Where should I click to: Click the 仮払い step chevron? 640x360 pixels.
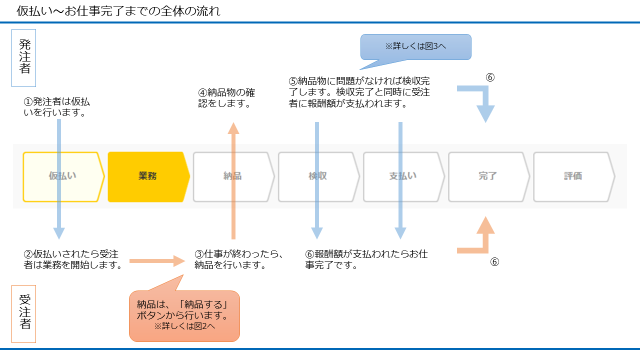click(x=63, y=176)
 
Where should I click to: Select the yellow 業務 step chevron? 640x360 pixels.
click(x=148, y=176)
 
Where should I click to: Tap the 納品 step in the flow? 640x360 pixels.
click(x=233, y=176)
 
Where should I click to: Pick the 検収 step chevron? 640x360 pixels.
click(x=318, y=176)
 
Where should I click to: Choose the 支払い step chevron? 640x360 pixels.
click(x=403, y=176)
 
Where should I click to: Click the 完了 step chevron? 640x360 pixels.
click(x=488, y=176)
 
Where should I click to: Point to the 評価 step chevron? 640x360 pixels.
click(x=573, y=176)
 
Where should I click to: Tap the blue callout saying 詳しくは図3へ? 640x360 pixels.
click(x=415, y=46)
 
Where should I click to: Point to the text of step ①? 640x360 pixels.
click(x=56, y=107)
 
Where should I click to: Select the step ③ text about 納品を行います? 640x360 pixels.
click(x=239, y=259)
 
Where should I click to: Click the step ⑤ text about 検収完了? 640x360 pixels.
click(x=359, y=92)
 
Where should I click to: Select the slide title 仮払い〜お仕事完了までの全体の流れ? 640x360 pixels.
click(x=118, y=11)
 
